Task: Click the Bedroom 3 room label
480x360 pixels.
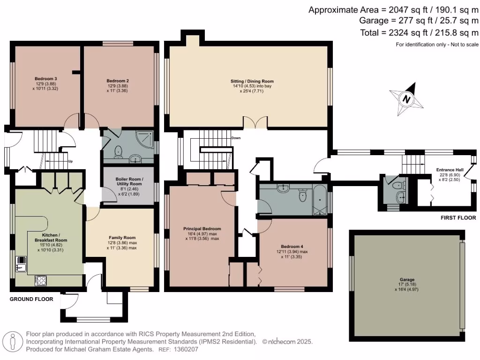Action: coord(46,78)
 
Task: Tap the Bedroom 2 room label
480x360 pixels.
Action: coord(118,81)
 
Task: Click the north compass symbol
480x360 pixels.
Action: coord(406,99)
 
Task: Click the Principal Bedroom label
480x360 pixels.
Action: coord(202,229)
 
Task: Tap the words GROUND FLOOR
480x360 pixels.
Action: coord(31,299)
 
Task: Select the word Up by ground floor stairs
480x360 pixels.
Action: coord(70,162)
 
